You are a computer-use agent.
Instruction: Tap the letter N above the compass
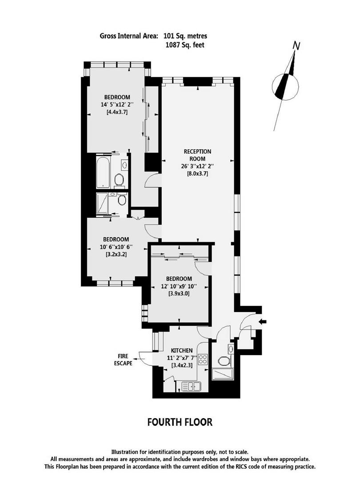point(296,46)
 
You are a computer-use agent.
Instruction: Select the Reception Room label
point(197,155)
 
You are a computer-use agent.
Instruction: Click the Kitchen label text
point(181,351)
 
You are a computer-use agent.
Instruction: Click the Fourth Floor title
point(180,422)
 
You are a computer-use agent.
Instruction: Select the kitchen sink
point(191,386)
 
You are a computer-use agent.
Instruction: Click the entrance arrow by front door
point(263,321)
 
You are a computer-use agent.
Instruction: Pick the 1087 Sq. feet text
point(184,45)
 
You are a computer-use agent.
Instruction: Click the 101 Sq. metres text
point(185,36)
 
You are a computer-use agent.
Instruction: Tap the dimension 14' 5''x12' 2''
point(117,105)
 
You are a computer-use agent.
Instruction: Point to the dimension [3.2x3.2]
point(116,254)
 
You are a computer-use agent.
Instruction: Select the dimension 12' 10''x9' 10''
point(179,286)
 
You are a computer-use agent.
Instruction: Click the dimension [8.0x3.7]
point(197,174)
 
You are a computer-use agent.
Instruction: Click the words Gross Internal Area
point(129,36)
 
